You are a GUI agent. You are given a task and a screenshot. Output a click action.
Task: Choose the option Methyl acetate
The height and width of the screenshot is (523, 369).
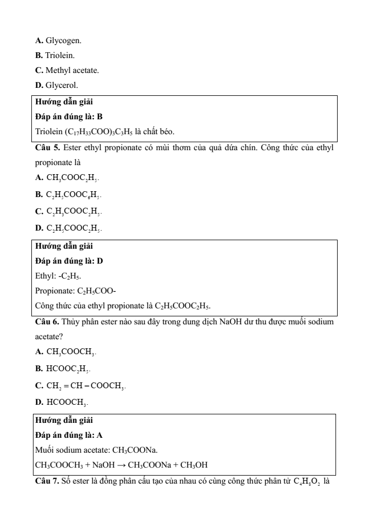click(x=68, y=70)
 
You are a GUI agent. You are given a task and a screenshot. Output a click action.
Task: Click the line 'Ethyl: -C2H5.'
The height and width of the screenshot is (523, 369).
click(x=58, y=276)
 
